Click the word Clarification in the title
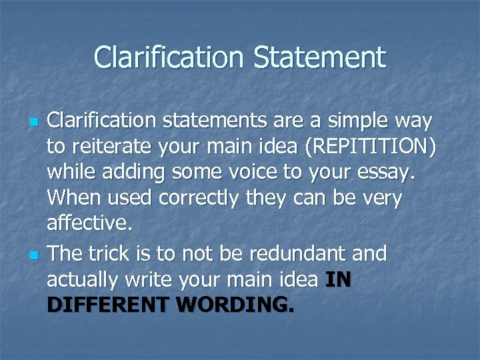[169, 57]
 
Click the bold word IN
[338, 280]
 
